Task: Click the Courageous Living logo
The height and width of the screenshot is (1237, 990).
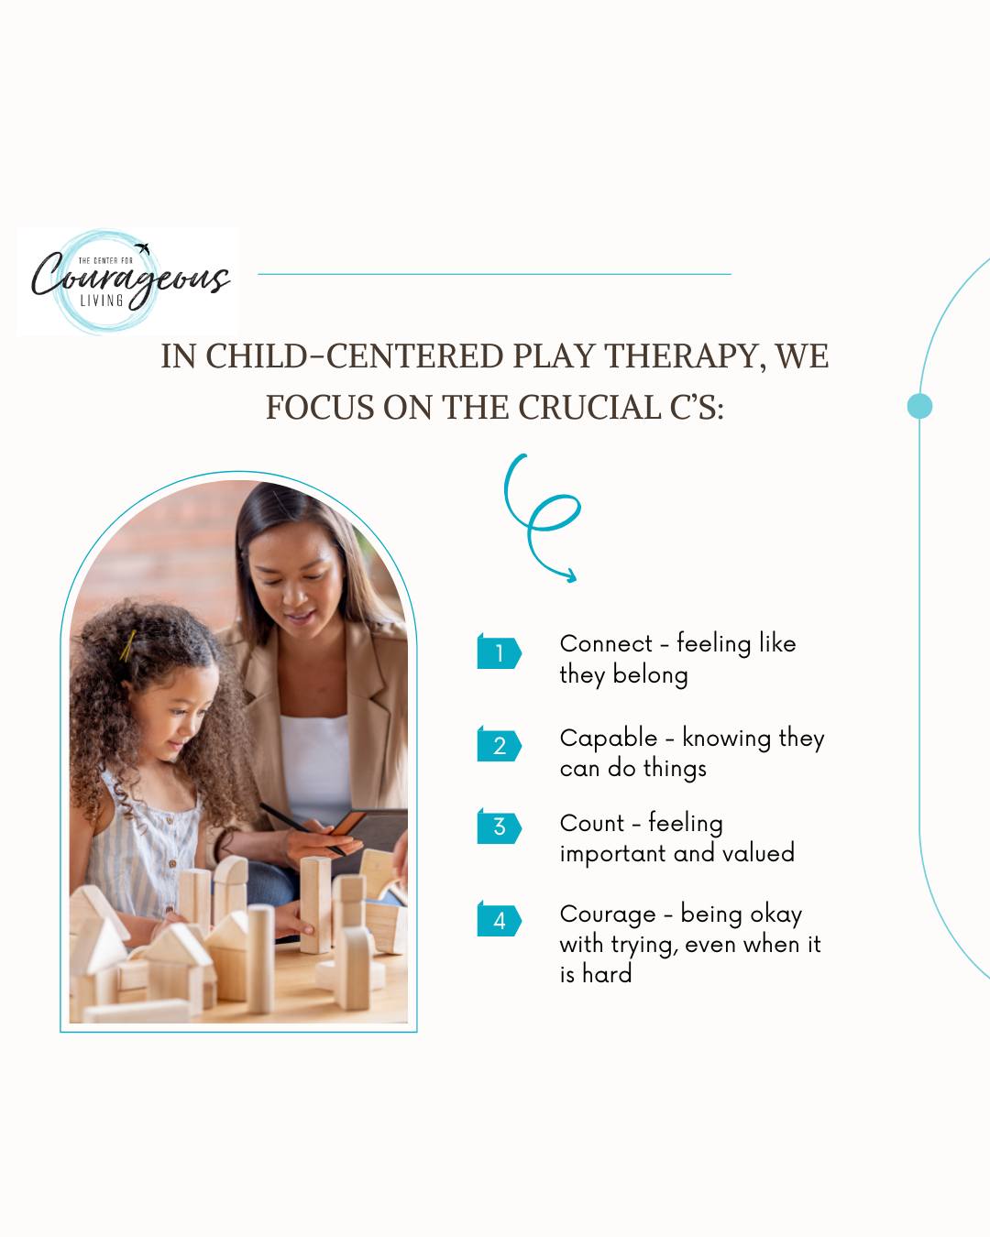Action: click(127, 280)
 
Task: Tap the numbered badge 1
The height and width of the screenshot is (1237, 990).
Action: click(499, 652)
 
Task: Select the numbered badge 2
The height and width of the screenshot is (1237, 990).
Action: click(499, 745)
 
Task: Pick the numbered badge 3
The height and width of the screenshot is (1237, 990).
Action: click(499, 826)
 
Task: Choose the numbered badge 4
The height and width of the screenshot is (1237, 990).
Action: click(499, 920)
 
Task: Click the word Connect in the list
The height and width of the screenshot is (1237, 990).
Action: click(606, 644)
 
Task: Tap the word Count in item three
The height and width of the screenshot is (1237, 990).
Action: click(591, 824)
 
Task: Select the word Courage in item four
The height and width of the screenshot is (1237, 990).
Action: click(608, 914)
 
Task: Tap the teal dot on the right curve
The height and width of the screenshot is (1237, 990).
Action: click(919, 406)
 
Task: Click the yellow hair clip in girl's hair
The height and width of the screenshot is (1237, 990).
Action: click(126, 647)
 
